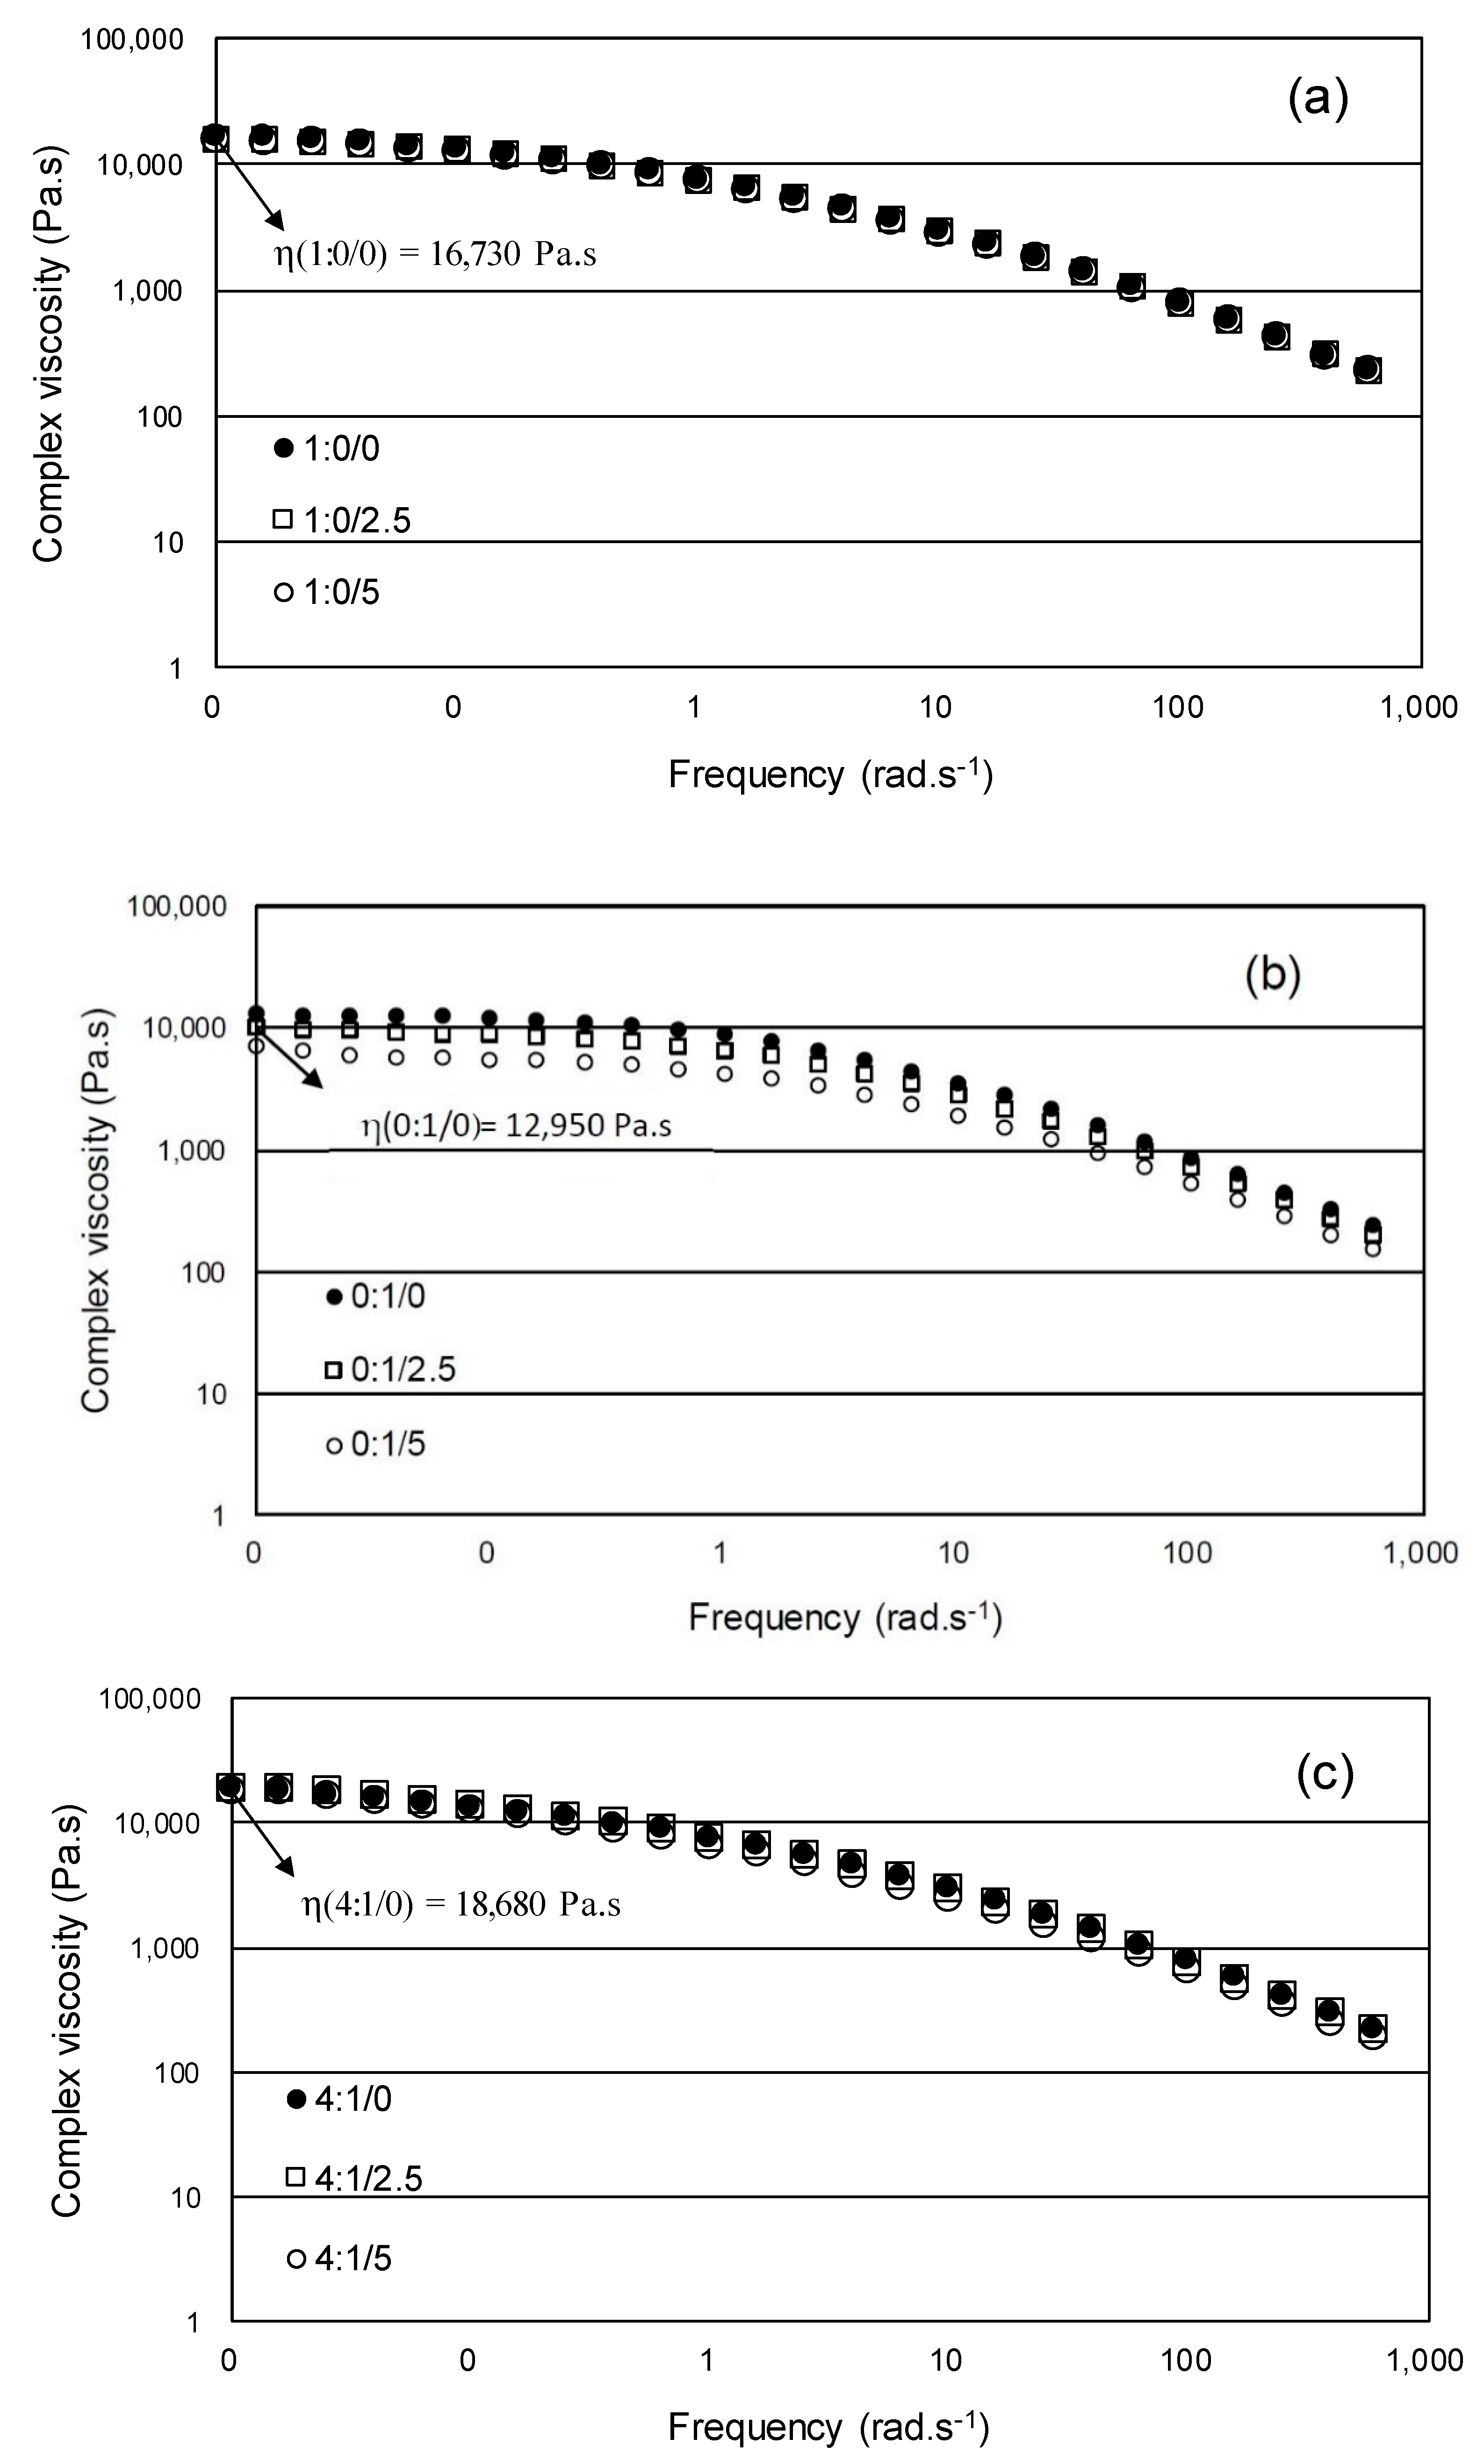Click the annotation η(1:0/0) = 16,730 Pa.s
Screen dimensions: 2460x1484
(x=435, y=255)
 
